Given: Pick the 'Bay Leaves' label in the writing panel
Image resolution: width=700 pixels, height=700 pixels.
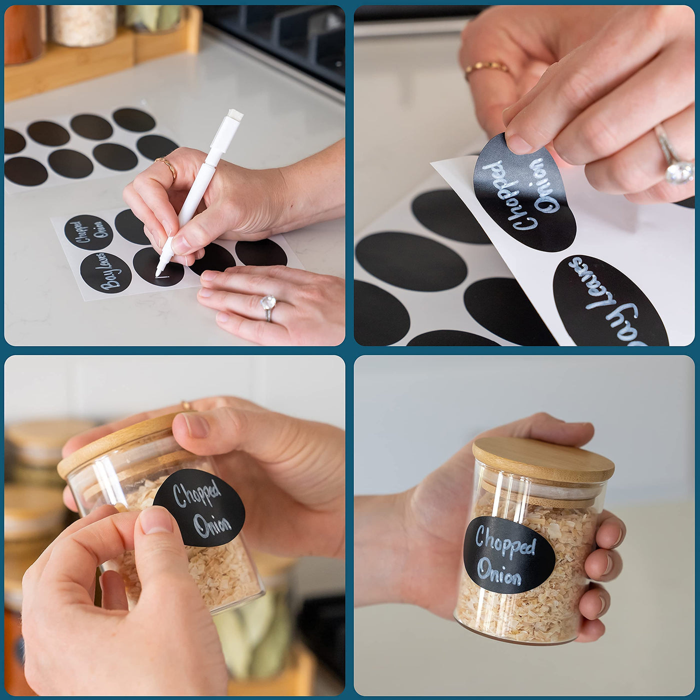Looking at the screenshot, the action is click(x=105, y=272).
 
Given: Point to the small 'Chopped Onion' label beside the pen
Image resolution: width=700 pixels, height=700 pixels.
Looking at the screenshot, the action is click(x=88, y=232).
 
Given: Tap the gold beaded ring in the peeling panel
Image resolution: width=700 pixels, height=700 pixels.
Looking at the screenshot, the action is click(x=487, y=68).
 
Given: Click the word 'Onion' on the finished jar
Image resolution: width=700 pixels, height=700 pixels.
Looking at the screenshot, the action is click(x=499, y=573).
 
